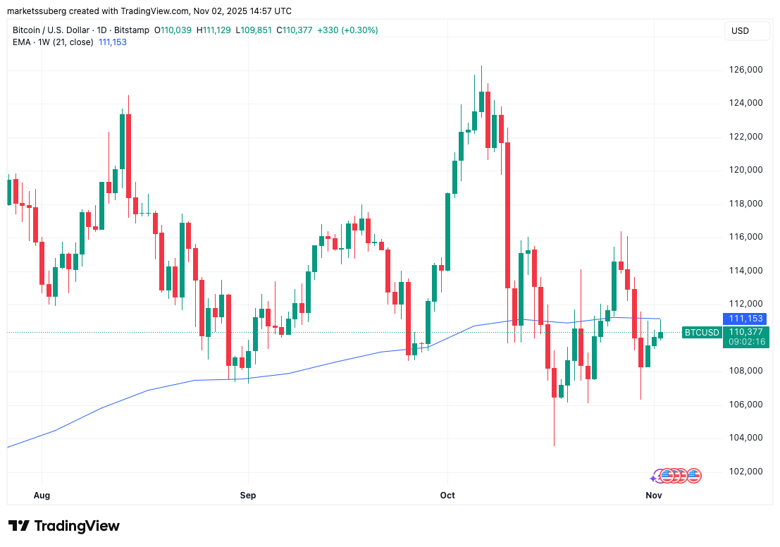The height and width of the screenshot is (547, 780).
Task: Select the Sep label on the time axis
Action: tap(248, 496)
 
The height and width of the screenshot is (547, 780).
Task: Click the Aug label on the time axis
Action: tap(42, 496)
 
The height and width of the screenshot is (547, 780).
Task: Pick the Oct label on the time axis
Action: tap(447, 496)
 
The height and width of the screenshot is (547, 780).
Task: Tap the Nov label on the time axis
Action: tap(654, 496)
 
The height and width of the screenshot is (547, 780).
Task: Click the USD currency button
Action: tap(740, 31)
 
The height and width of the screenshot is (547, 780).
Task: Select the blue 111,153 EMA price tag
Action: tap(745, 319)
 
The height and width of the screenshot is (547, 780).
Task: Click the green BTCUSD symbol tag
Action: tap(702, 333)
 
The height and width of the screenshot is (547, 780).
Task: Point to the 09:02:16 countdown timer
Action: tap(745, 342)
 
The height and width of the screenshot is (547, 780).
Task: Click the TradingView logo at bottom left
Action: tap(64, 526)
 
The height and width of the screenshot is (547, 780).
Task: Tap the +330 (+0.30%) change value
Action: tap(347, 30)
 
